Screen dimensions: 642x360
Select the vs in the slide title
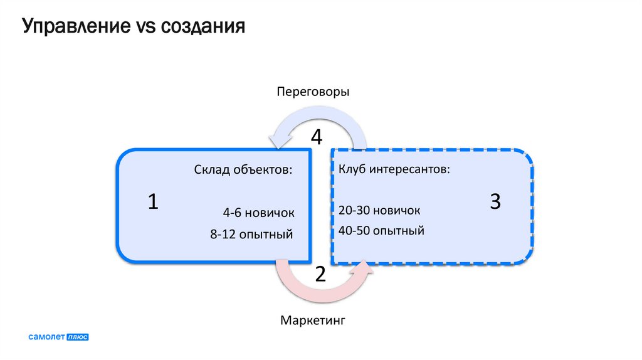click(147, 28)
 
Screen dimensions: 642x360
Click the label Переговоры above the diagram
click(313, 92)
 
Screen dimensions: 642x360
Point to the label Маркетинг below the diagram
click(313, 321)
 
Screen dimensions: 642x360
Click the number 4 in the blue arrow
click(317, 137)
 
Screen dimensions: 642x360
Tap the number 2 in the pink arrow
click(320, 274)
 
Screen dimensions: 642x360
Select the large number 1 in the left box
click(153, 202)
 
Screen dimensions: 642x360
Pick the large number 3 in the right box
click(495, 202)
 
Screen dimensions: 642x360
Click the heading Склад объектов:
click(243, 170)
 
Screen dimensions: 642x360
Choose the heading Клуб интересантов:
click(394, 170)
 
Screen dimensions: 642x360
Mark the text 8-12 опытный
click(252, 235)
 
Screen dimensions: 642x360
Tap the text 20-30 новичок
click(379, 210)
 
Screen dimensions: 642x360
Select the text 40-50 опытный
click(381, 231)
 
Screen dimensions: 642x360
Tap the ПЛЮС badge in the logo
click(78, 337)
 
